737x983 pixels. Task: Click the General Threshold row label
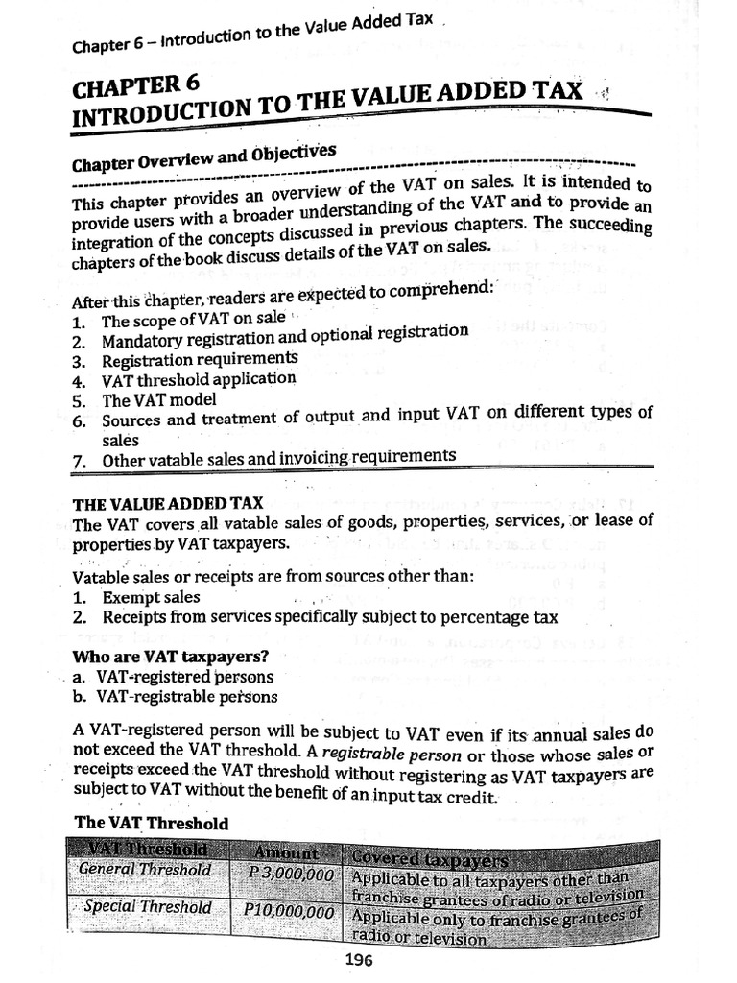point(145,869)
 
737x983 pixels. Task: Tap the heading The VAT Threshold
point(152,823)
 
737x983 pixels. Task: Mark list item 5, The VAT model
point(158,399)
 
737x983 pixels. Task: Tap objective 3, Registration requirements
point(199,359)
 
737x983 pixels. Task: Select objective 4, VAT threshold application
point(199,379)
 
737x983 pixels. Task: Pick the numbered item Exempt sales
point(151,597)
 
